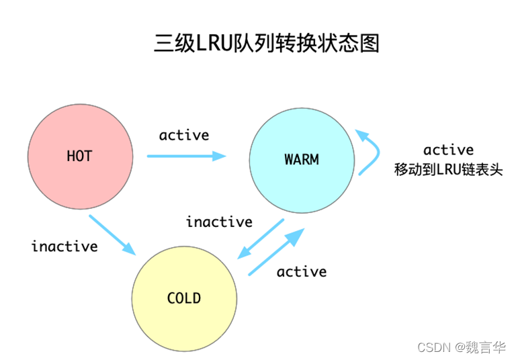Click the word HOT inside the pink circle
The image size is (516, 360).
point(79,156)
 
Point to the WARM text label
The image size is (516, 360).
point(301,160)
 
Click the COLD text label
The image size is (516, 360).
point(184,298)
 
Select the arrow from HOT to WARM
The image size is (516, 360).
point(186,156)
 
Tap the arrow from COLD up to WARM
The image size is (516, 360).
point(276,251)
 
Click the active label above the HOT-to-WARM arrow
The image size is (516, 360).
point(184,135)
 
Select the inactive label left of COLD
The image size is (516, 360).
point(64,246)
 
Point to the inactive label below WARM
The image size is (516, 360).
point(219,222)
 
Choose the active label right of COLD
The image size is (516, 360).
point(302,271)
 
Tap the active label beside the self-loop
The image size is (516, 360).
point(448,149)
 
